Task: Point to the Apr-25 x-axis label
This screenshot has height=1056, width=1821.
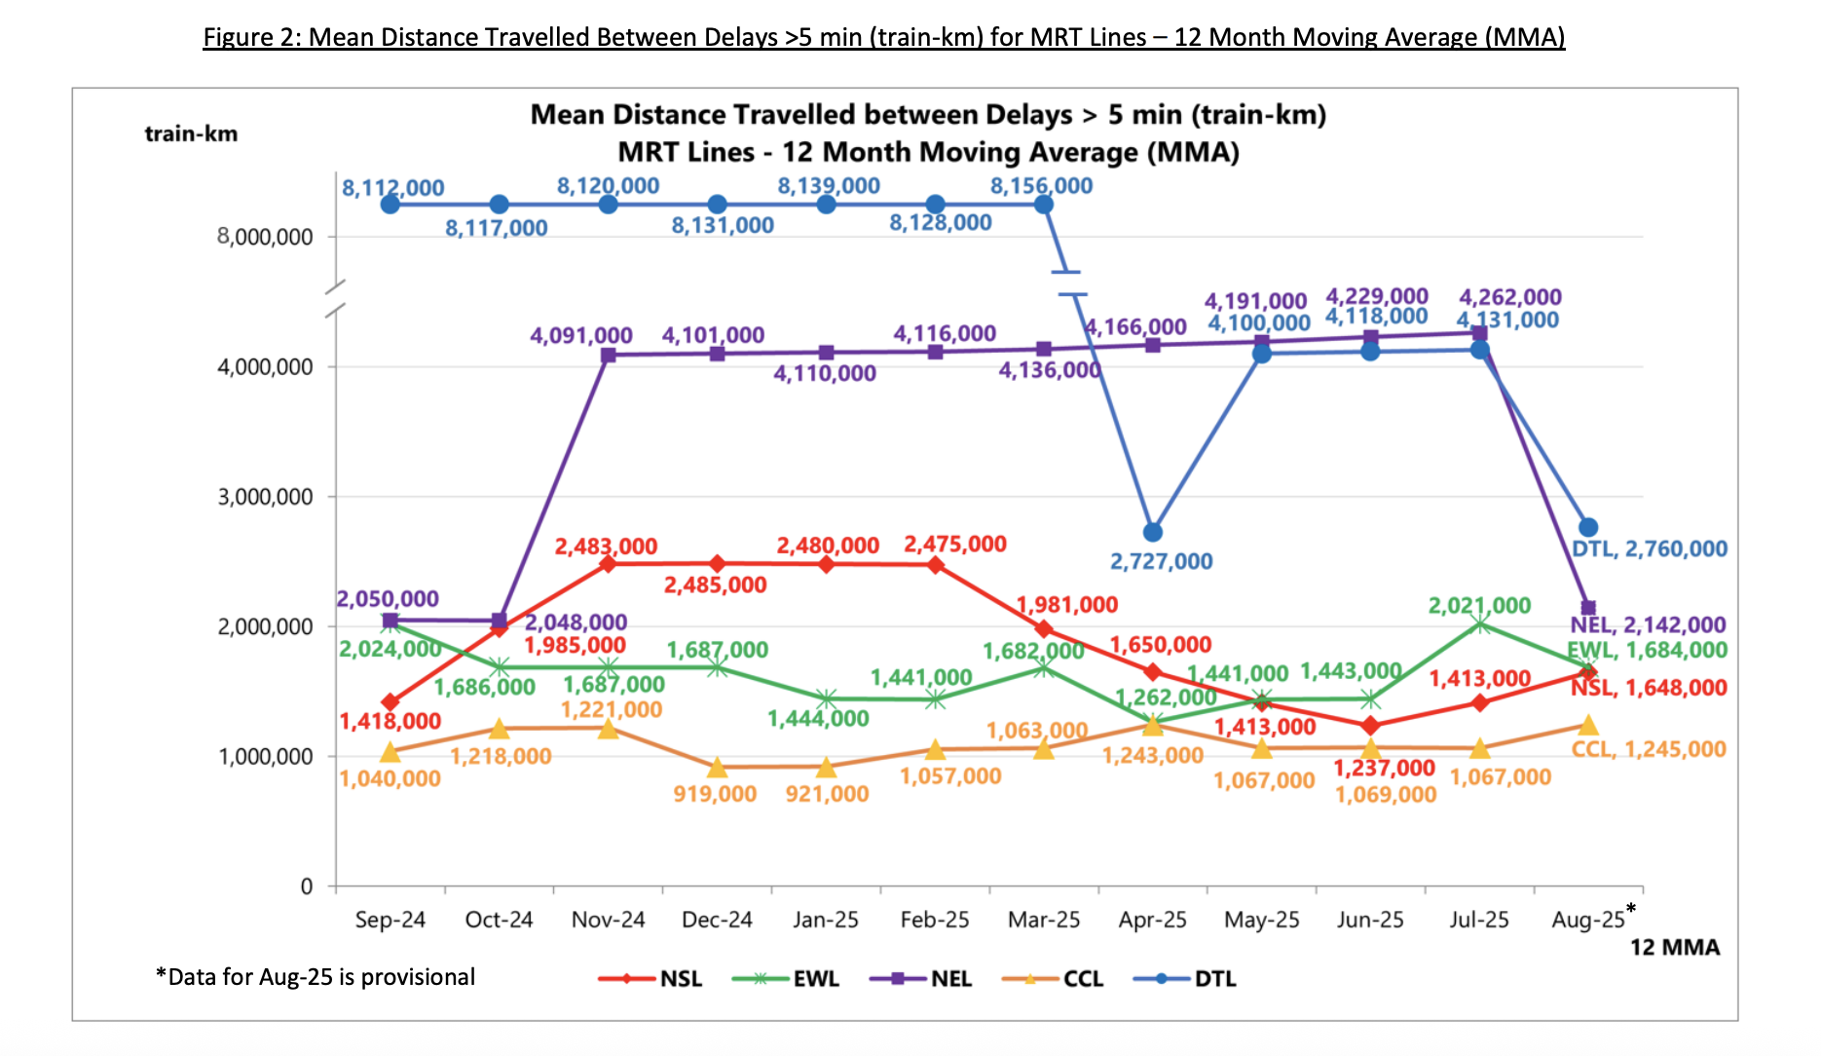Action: (1152, 920)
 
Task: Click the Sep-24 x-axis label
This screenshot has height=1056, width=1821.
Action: (390, 920)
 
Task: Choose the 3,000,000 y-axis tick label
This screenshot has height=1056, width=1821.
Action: (265, 497)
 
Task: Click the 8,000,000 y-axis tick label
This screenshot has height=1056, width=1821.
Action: (265, 237)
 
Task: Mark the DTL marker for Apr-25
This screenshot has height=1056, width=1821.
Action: (1153, 532)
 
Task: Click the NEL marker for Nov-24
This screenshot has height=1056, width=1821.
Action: (608, 355)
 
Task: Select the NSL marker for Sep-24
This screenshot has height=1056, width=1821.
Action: (390, 702)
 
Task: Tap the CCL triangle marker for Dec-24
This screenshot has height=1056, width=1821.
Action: (717, 768)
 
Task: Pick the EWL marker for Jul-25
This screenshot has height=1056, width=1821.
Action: (1480, 624)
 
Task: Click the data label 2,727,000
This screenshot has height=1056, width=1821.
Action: (1161, 562)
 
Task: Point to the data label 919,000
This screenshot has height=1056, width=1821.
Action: (715, 794)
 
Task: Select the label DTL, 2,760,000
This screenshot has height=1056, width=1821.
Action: (1649, 549)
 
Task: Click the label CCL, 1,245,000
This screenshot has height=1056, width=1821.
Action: (1648, 749)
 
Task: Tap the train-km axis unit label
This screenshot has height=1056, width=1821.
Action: (191, 133)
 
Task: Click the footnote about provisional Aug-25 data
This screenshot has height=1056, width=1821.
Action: (316, 977)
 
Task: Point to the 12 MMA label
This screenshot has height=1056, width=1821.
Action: (1675, 947)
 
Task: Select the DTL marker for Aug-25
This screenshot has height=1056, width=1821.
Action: (1588, 527)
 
